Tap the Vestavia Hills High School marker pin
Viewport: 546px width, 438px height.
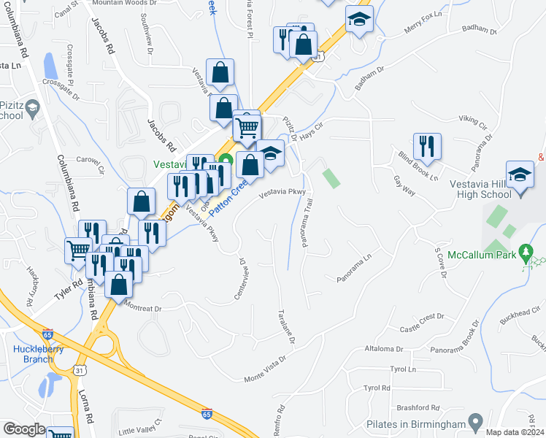coord(520,176)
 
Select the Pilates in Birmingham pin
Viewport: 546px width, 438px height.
coord(476,422)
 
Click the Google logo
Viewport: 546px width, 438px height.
coord(23,429)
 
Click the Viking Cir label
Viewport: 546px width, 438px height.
coord(473,118)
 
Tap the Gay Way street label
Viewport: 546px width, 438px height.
coord(404,185)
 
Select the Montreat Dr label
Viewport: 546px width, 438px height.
coord(142,307)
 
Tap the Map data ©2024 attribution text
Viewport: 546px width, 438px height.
coord(513,431)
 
